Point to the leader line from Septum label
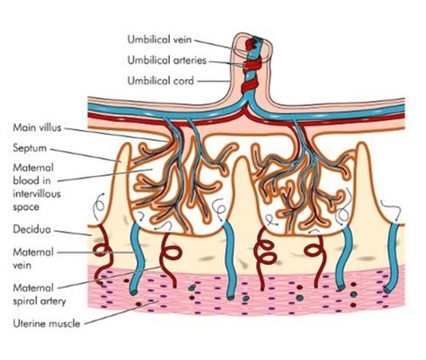pos(90,154)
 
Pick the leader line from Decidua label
pos(81,233)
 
